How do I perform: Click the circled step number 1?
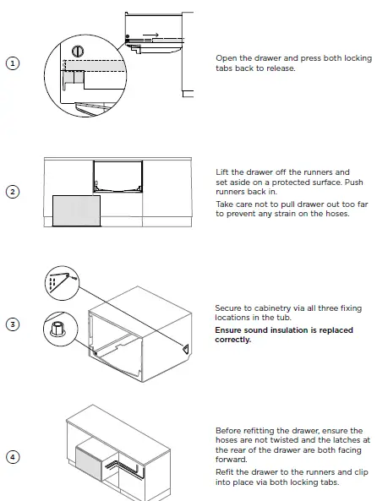pos(12,63)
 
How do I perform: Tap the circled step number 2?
pos(12,191)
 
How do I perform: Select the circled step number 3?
pos(12,324)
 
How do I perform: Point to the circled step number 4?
pos(12,456)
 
